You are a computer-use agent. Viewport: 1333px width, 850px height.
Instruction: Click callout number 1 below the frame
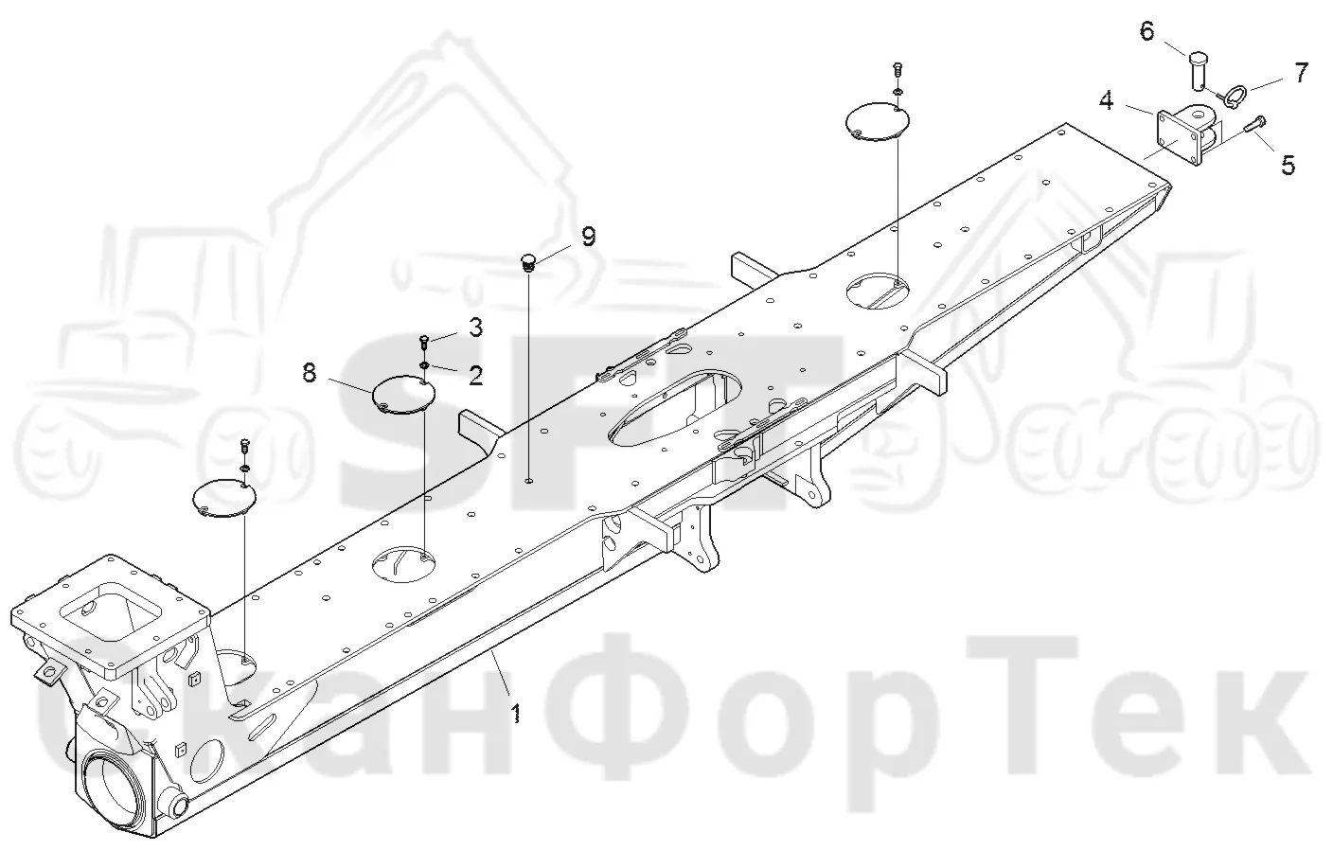click(517, 713)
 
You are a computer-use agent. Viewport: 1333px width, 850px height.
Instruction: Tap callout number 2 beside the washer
click(475, 376)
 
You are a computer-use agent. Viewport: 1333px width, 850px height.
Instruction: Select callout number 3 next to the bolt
click(475, 328)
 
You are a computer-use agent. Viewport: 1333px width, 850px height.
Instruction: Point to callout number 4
click(1107, 100)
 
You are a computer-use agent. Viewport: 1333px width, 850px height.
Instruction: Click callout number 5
click(1289, 165)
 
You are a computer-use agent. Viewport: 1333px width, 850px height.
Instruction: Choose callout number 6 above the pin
click(1146, 31)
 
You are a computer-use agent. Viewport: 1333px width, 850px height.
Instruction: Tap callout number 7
click(1302, 73)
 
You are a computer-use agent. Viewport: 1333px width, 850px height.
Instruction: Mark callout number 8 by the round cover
click(310, 374)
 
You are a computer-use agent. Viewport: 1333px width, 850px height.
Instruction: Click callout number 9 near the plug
click(588, 237)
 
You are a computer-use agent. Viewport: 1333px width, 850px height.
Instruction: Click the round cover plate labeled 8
click(403, 394)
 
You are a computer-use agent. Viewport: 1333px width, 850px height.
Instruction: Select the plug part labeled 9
click(528, 262)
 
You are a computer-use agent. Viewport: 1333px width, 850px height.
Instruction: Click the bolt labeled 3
click(424, 342)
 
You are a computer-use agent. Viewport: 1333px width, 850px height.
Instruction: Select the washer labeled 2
click(424, 364)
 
